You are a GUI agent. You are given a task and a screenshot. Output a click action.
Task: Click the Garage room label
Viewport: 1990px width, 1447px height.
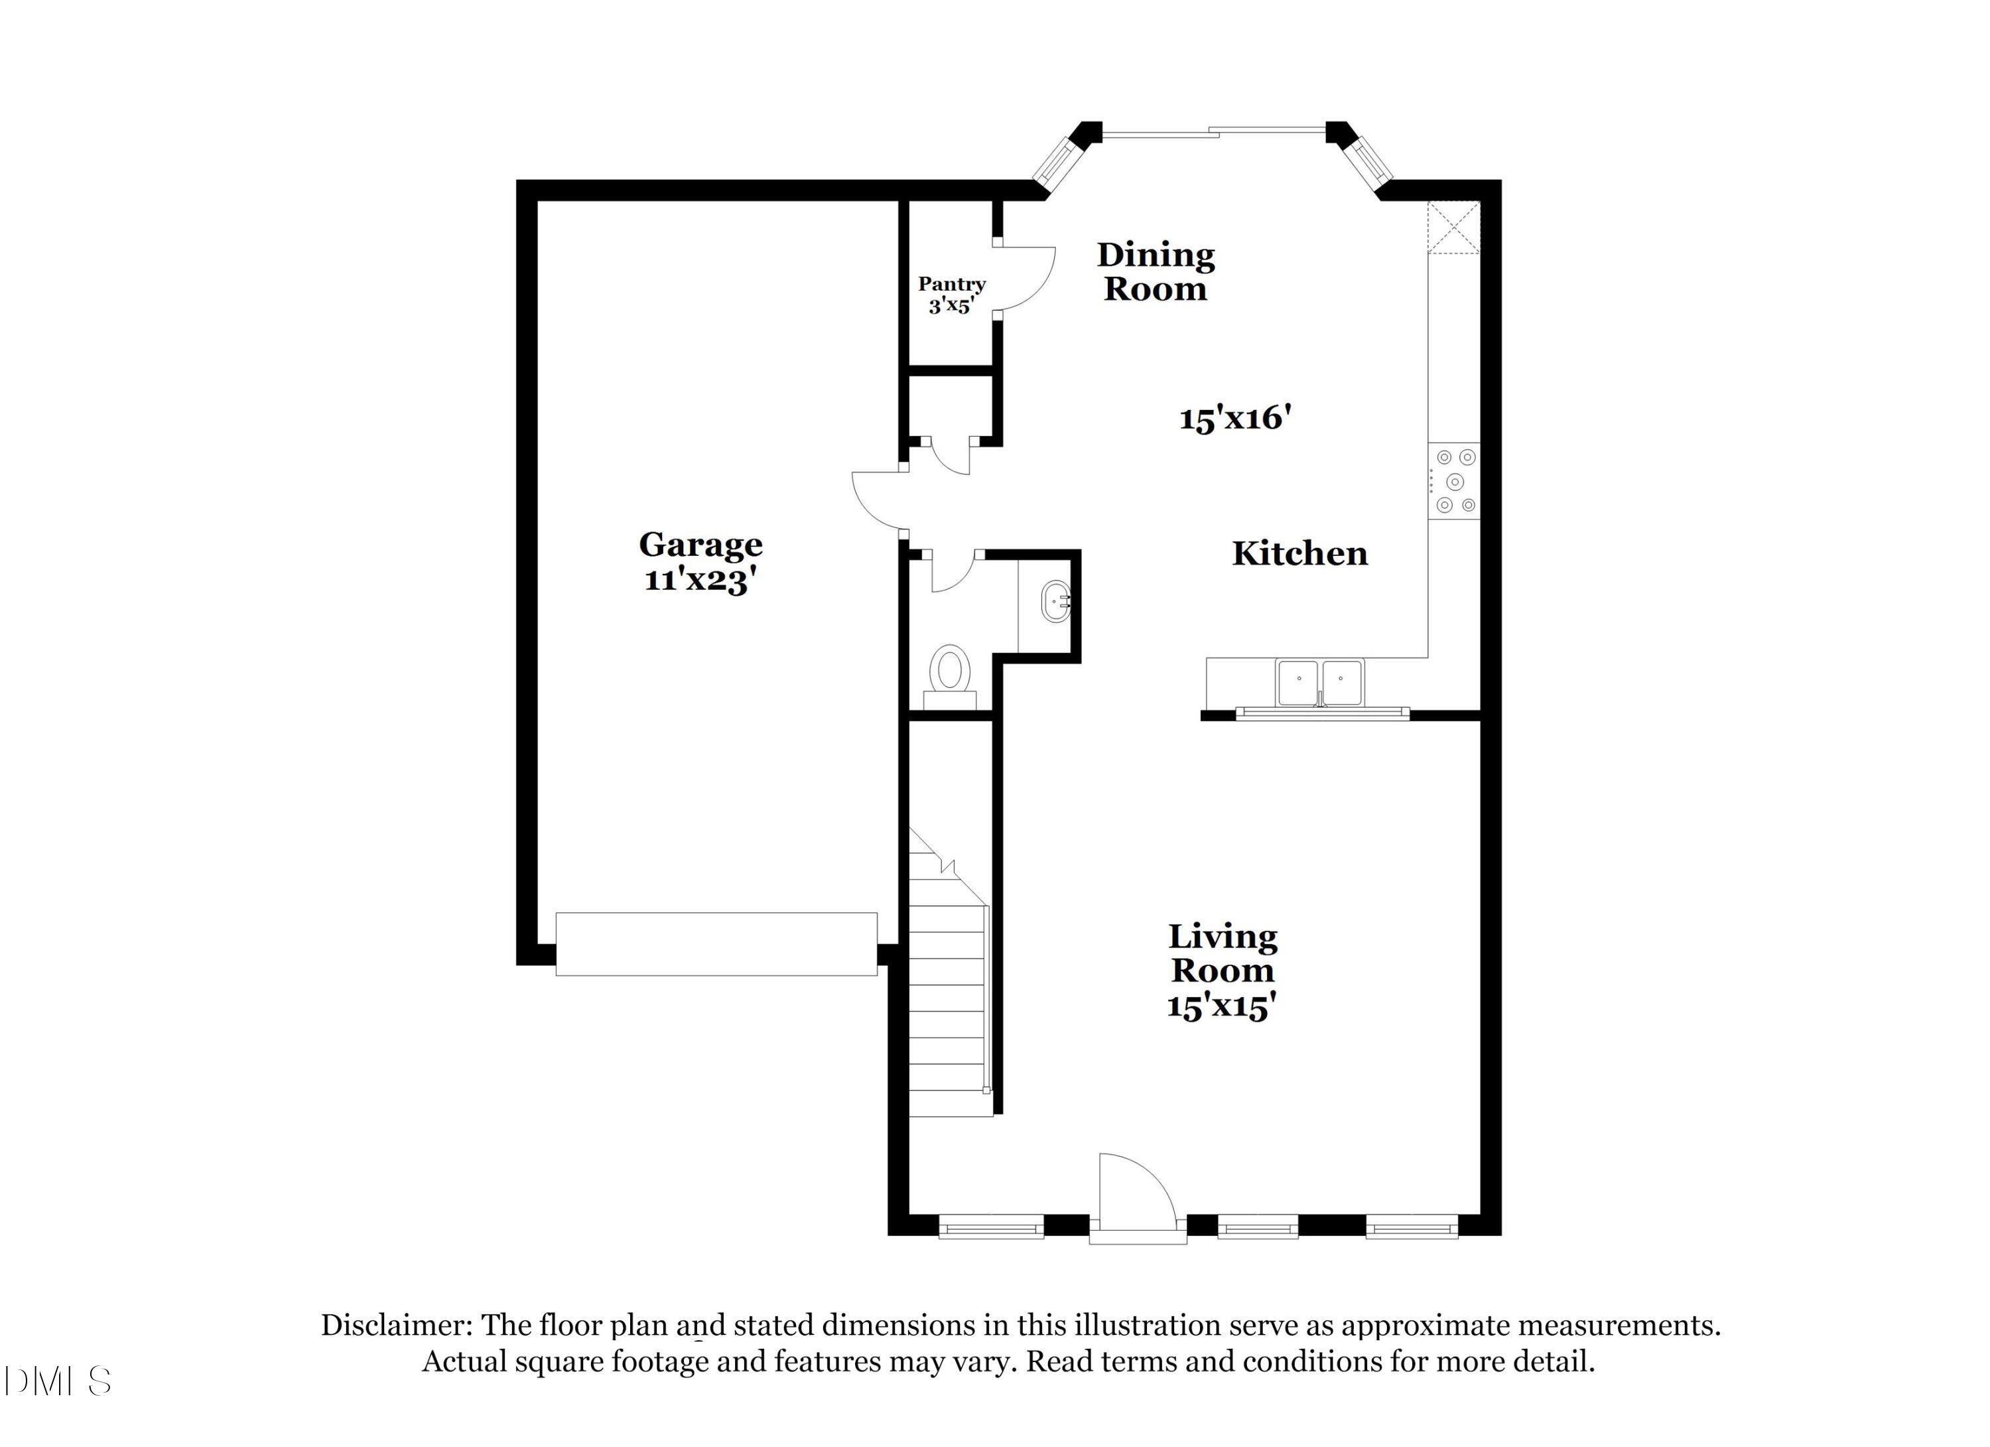click(700, 545)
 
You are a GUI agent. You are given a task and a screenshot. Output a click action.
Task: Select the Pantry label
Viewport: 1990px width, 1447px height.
click(951, 285)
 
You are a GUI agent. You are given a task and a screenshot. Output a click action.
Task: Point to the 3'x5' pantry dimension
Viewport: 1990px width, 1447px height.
click(951, 307)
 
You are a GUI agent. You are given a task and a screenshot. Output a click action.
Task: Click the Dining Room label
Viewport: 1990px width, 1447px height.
click(1155, 272)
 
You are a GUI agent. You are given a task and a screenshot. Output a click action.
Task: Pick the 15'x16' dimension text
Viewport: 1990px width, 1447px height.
click(1234, 419)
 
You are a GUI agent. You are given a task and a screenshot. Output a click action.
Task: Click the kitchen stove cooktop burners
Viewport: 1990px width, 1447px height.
click(1454, 481)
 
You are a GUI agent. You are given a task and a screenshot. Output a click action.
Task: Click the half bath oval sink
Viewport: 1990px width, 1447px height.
click(1055, 601)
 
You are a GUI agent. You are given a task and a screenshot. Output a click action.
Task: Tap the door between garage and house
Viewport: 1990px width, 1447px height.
click(878, 501)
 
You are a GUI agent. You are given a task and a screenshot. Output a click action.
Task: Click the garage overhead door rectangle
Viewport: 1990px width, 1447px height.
click(716, 944)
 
